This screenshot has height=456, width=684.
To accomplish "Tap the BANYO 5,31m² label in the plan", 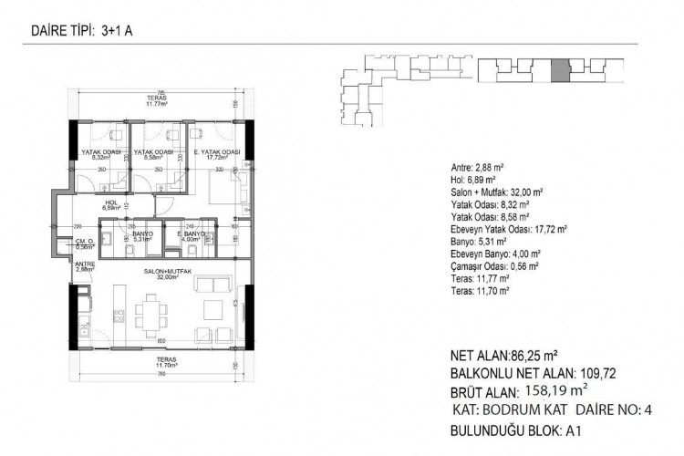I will (140, 237).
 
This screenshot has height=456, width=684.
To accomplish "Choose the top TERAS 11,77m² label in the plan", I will (159, 102).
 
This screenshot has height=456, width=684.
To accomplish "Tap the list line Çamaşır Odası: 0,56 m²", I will (499, 265).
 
